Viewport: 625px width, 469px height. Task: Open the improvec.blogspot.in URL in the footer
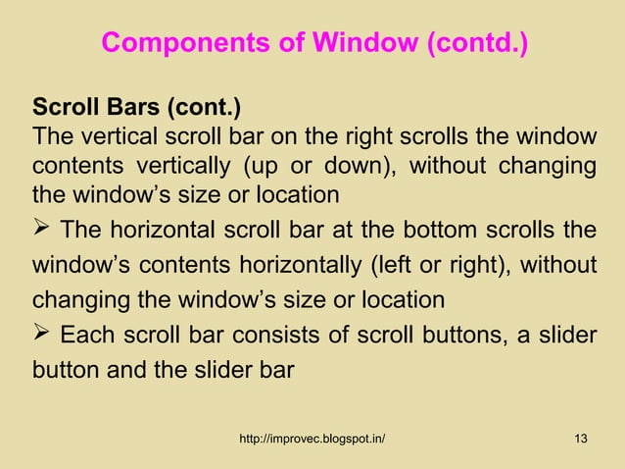(x=312, y=438)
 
